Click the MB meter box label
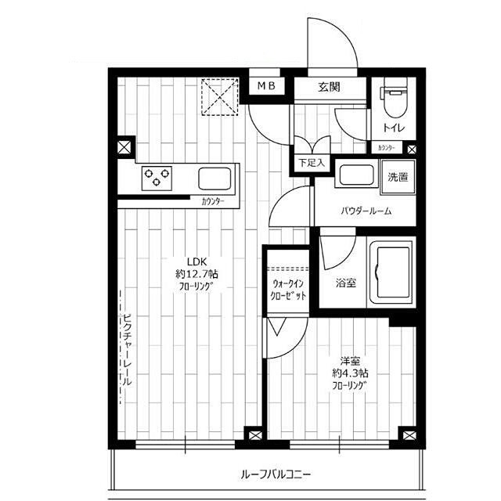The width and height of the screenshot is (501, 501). click(266, 85)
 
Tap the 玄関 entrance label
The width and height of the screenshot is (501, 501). click(329, 87)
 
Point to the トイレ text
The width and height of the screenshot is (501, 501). click(394, 128)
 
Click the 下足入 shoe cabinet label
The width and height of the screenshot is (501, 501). click(312, 163)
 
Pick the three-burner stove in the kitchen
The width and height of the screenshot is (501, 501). click(157, 178)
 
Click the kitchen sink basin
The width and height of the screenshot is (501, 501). click(214, 178)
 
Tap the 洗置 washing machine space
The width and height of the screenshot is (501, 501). click(398, 177)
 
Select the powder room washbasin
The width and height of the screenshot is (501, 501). click(356, 175)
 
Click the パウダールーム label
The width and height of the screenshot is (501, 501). click(366, 211)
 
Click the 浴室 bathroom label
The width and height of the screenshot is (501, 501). click(346, 283)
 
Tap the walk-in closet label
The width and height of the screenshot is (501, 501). click(288, 289)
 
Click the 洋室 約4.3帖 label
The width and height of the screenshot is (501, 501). click(350, 367)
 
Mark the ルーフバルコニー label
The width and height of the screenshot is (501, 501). click(276, 474)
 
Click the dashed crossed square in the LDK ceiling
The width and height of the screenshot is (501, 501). click(220, 96)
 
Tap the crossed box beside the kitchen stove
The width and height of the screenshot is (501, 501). click(124, 147)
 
